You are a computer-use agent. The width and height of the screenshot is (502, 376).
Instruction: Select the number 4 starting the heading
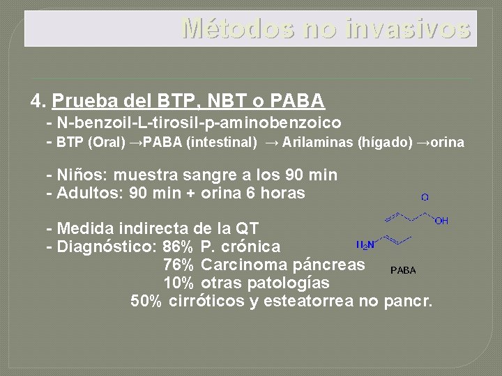tap(37, 102)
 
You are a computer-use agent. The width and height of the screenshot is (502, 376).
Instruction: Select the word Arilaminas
tap(318, 143)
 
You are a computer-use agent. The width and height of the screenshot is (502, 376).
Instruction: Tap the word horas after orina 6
tap(282, 193)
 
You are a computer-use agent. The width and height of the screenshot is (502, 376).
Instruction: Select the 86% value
tap(178, 246)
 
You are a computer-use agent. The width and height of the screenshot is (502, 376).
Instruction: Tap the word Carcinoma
tap(244, 265)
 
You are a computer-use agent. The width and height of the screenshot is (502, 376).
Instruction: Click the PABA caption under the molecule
tap(403, 270)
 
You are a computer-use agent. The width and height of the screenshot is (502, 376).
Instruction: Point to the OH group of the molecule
tap(442, 221)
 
